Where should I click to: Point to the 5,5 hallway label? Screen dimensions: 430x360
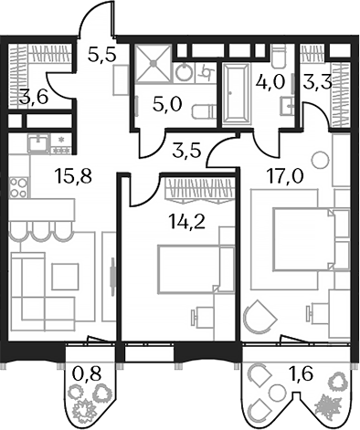[101, 55]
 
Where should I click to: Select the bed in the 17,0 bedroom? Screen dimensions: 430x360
[298, 237]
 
